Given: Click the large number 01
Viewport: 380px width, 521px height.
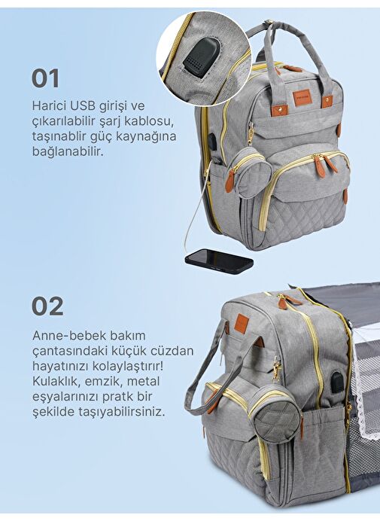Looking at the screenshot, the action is click(x=45, y=78).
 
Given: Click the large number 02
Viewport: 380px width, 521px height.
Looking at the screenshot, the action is click(x=47, y=306).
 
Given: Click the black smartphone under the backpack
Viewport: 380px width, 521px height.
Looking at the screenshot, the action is click(x=219, y=260).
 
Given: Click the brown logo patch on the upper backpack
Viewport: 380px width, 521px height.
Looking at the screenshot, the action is click(x=301, y=99).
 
